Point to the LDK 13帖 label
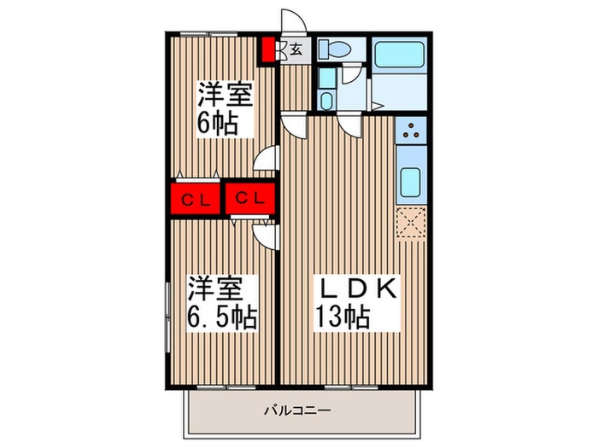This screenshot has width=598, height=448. [352, 303]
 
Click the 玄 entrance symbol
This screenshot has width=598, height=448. [296, 49]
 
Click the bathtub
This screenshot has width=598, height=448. [400, 56]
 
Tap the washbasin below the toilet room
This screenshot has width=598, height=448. [326, 90]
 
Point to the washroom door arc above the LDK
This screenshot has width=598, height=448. [351, 125]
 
